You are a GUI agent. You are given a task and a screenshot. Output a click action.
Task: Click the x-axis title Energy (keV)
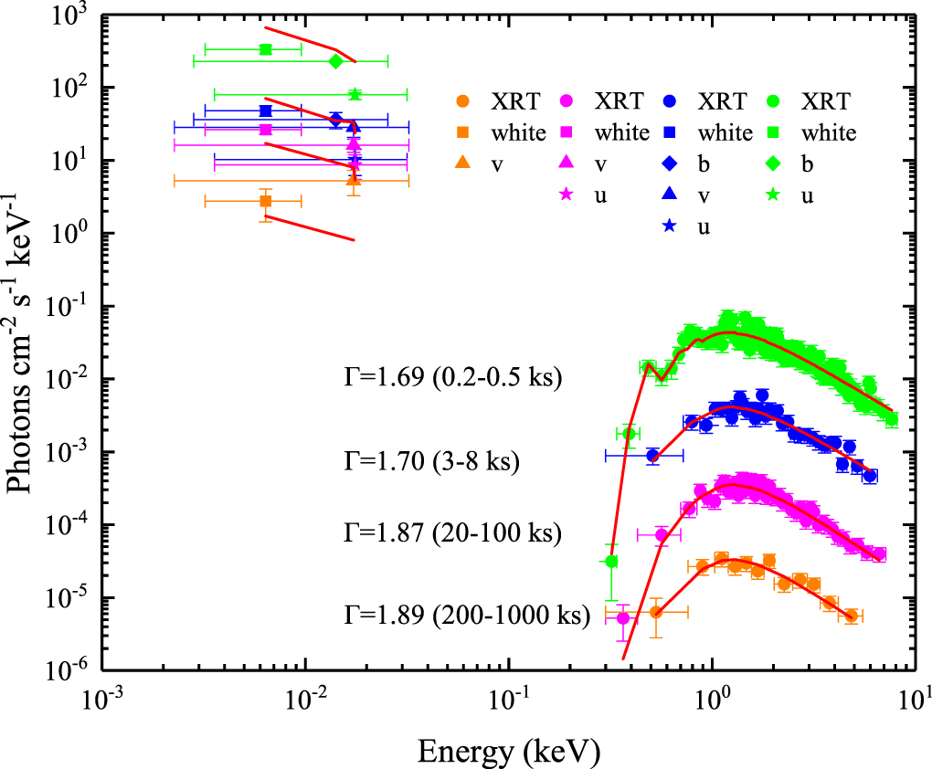(x=509, y=752)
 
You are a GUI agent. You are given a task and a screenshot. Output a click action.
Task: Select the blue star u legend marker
(x=670, y=227)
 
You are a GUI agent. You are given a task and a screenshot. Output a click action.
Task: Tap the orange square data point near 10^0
(x=265, y=201)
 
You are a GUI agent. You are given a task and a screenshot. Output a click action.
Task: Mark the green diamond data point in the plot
(x=335, y=61)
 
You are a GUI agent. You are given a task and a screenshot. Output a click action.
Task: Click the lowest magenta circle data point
(x=623, y=618)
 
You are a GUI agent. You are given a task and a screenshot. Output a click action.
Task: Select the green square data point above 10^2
(x=265, y=49)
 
